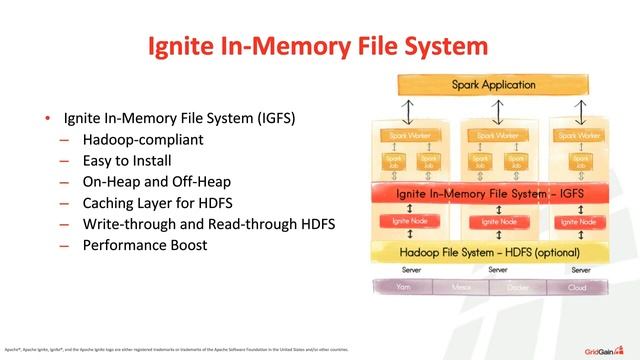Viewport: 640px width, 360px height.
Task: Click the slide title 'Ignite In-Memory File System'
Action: [319, 46]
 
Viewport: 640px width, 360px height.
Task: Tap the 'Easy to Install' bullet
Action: [127, 160]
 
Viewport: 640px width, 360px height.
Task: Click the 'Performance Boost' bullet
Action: [145, 245]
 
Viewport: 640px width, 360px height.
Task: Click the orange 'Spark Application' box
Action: [493, 86]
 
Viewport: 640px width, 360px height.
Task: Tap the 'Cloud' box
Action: [578, 286]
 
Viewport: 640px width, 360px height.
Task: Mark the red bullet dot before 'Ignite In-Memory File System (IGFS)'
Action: [46, 118]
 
